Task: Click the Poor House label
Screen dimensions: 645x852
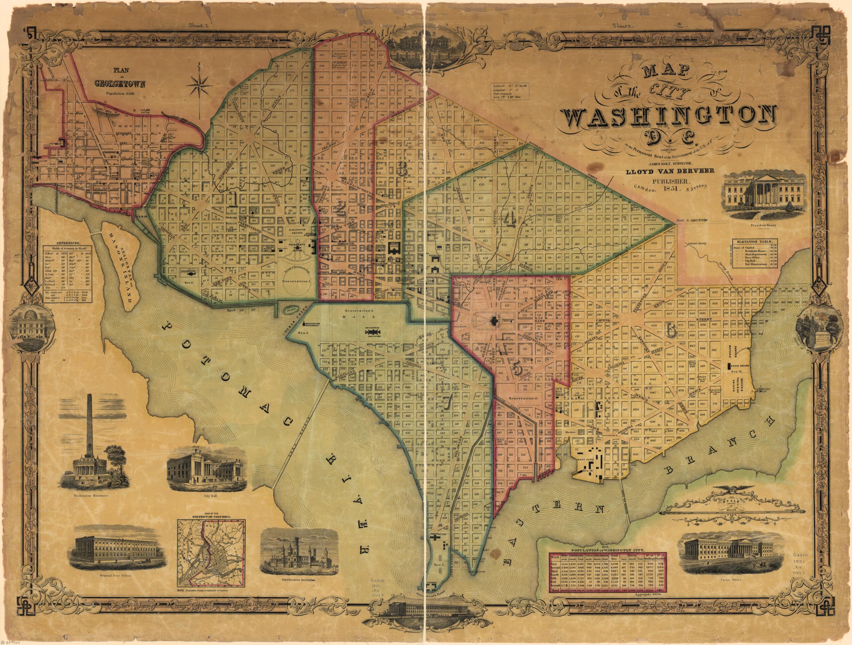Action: click(x=739, y=363)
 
